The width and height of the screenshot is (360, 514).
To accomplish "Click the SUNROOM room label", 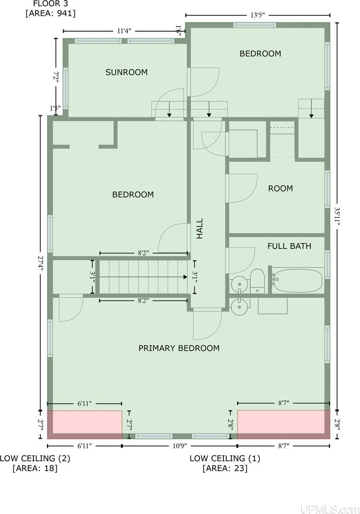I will tap(126, 72).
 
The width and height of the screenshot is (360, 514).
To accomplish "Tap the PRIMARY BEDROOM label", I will tap(179, 348).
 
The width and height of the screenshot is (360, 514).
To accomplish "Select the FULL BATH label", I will tap(289, 246).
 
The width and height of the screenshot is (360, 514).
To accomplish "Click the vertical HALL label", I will tap(200, 229).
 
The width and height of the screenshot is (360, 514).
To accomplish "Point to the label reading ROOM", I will tap(280, 188).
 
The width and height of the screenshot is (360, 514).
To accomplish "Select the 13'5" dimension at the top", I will tap(257, 15).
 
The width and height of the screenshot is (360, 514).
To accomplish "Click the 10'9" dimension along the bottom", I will tap(179, 446).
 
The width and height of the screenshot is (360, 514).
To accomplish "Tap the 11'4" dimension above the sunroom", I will tap(124, 31).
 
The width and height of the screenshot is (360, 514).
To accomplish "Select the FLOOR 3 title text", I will tap(51, 4).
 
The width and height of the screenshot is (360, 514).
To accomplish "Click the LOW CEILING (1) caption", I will tap(225, 458).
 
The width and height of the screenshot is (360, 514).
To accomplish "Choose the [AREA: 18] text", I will tap(35, 468).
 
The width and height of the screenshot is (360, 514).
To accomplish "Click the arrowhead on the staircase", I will tap(185, 277).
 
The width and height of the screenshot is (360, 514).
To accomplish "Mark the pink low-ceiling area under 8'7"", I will tap(283, 424).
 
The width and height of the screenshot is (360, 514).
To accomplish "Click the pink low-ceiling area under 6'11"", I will tap(85, 424).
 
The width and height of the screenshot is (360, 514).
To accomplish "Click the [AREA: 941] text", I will tap(51, 13).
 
